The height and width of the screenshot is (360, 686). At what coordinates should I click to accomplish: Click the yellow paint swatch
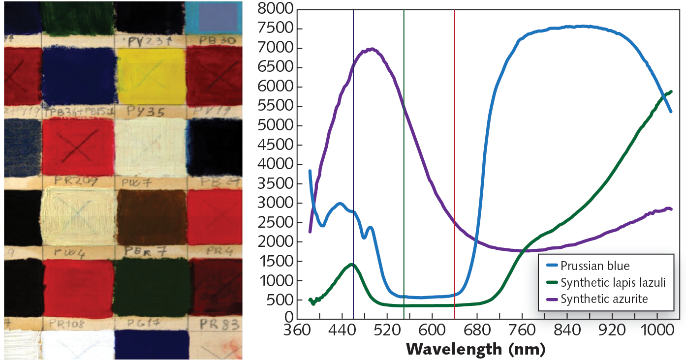151,76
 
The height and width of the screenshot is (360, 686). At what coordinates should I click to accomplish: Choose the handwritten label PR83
219,324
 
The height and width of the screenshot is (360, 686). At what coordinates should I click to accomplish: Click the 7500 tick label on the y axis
275,29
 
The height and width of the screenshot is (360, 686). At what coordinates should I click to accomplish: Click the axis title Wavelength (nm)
476,349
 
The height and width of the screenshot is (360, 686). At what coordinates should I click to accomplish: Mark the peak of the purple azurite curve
372,49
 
